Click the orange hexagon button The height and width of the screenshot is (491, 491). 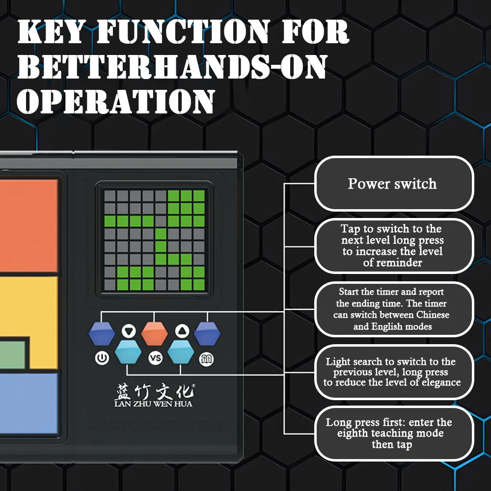(154, 333)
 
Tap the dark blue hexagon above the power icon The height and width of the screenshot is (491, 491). (102, 333)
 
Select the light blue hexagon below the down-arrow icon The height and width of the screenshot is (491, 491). (128, 352)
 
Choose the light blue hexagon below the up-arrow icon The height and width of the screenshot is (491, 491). (181, 352)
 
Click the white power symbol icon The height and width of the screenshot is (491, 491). (102, 358)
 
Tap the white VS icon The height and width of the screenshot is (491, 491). (155, 358)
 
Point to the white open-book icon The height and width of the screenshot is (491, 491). (206, 359)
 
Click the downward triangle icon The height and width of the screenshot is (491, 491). (129, 331)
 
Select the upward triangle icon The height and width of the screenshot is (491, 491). (182, 331)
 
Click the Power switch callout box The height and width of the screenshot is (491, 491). (394, 184)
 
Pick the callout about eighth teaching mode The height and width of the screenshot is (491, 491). (394, 434)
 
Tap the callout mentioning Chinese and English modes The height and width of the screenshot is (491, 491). (394, 309)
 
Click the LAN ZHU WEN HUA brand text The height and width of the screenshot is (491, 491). (153, 404)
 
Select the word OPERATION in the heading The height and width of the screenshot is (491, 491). (116, 101)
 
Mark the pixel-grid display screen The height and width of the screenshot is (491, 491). (154, 240)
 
